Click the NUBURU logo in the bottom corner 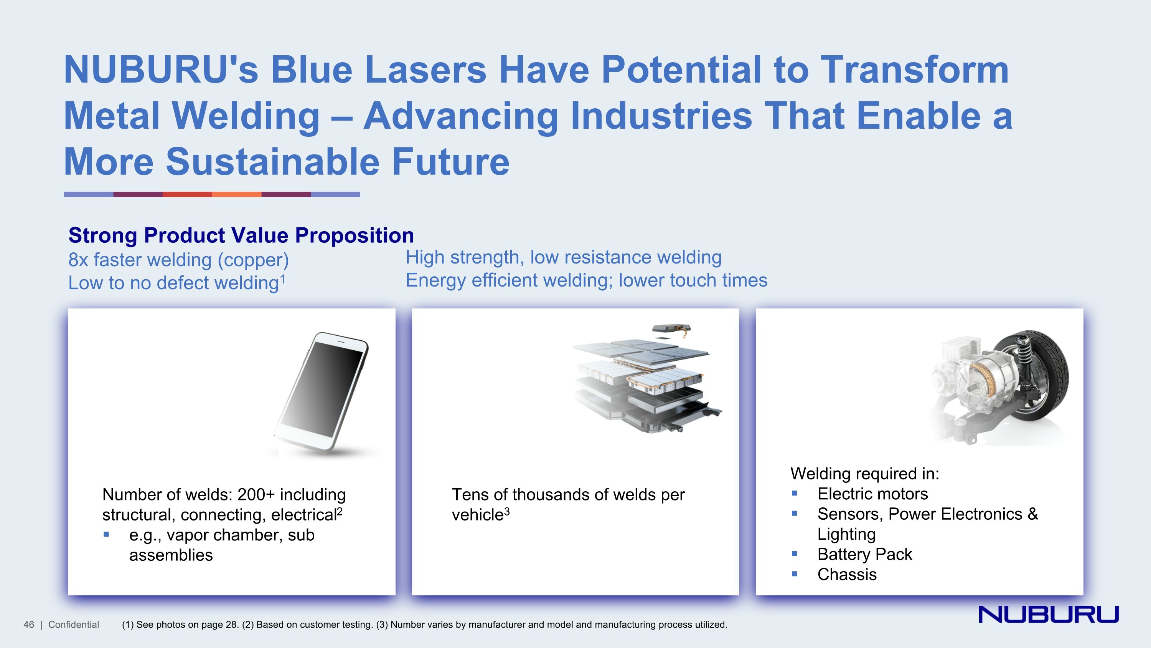click(1049, 614)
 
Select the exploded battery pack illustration click(647, 378)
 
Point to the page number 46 click(29, 625)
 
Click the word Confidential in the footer click(74, 625)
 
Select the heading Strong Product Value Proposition click(241, 235)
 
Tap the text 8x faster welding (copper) click(179, 260)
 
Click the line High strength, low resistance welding click(564, 257)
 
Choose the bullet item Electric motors click(872, 494)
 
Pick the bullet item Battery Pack click(864, 554)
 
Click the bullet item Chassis click(847, 574)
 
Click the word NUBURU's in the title click(161, 70)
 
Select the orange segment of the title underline click(236, 194)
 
